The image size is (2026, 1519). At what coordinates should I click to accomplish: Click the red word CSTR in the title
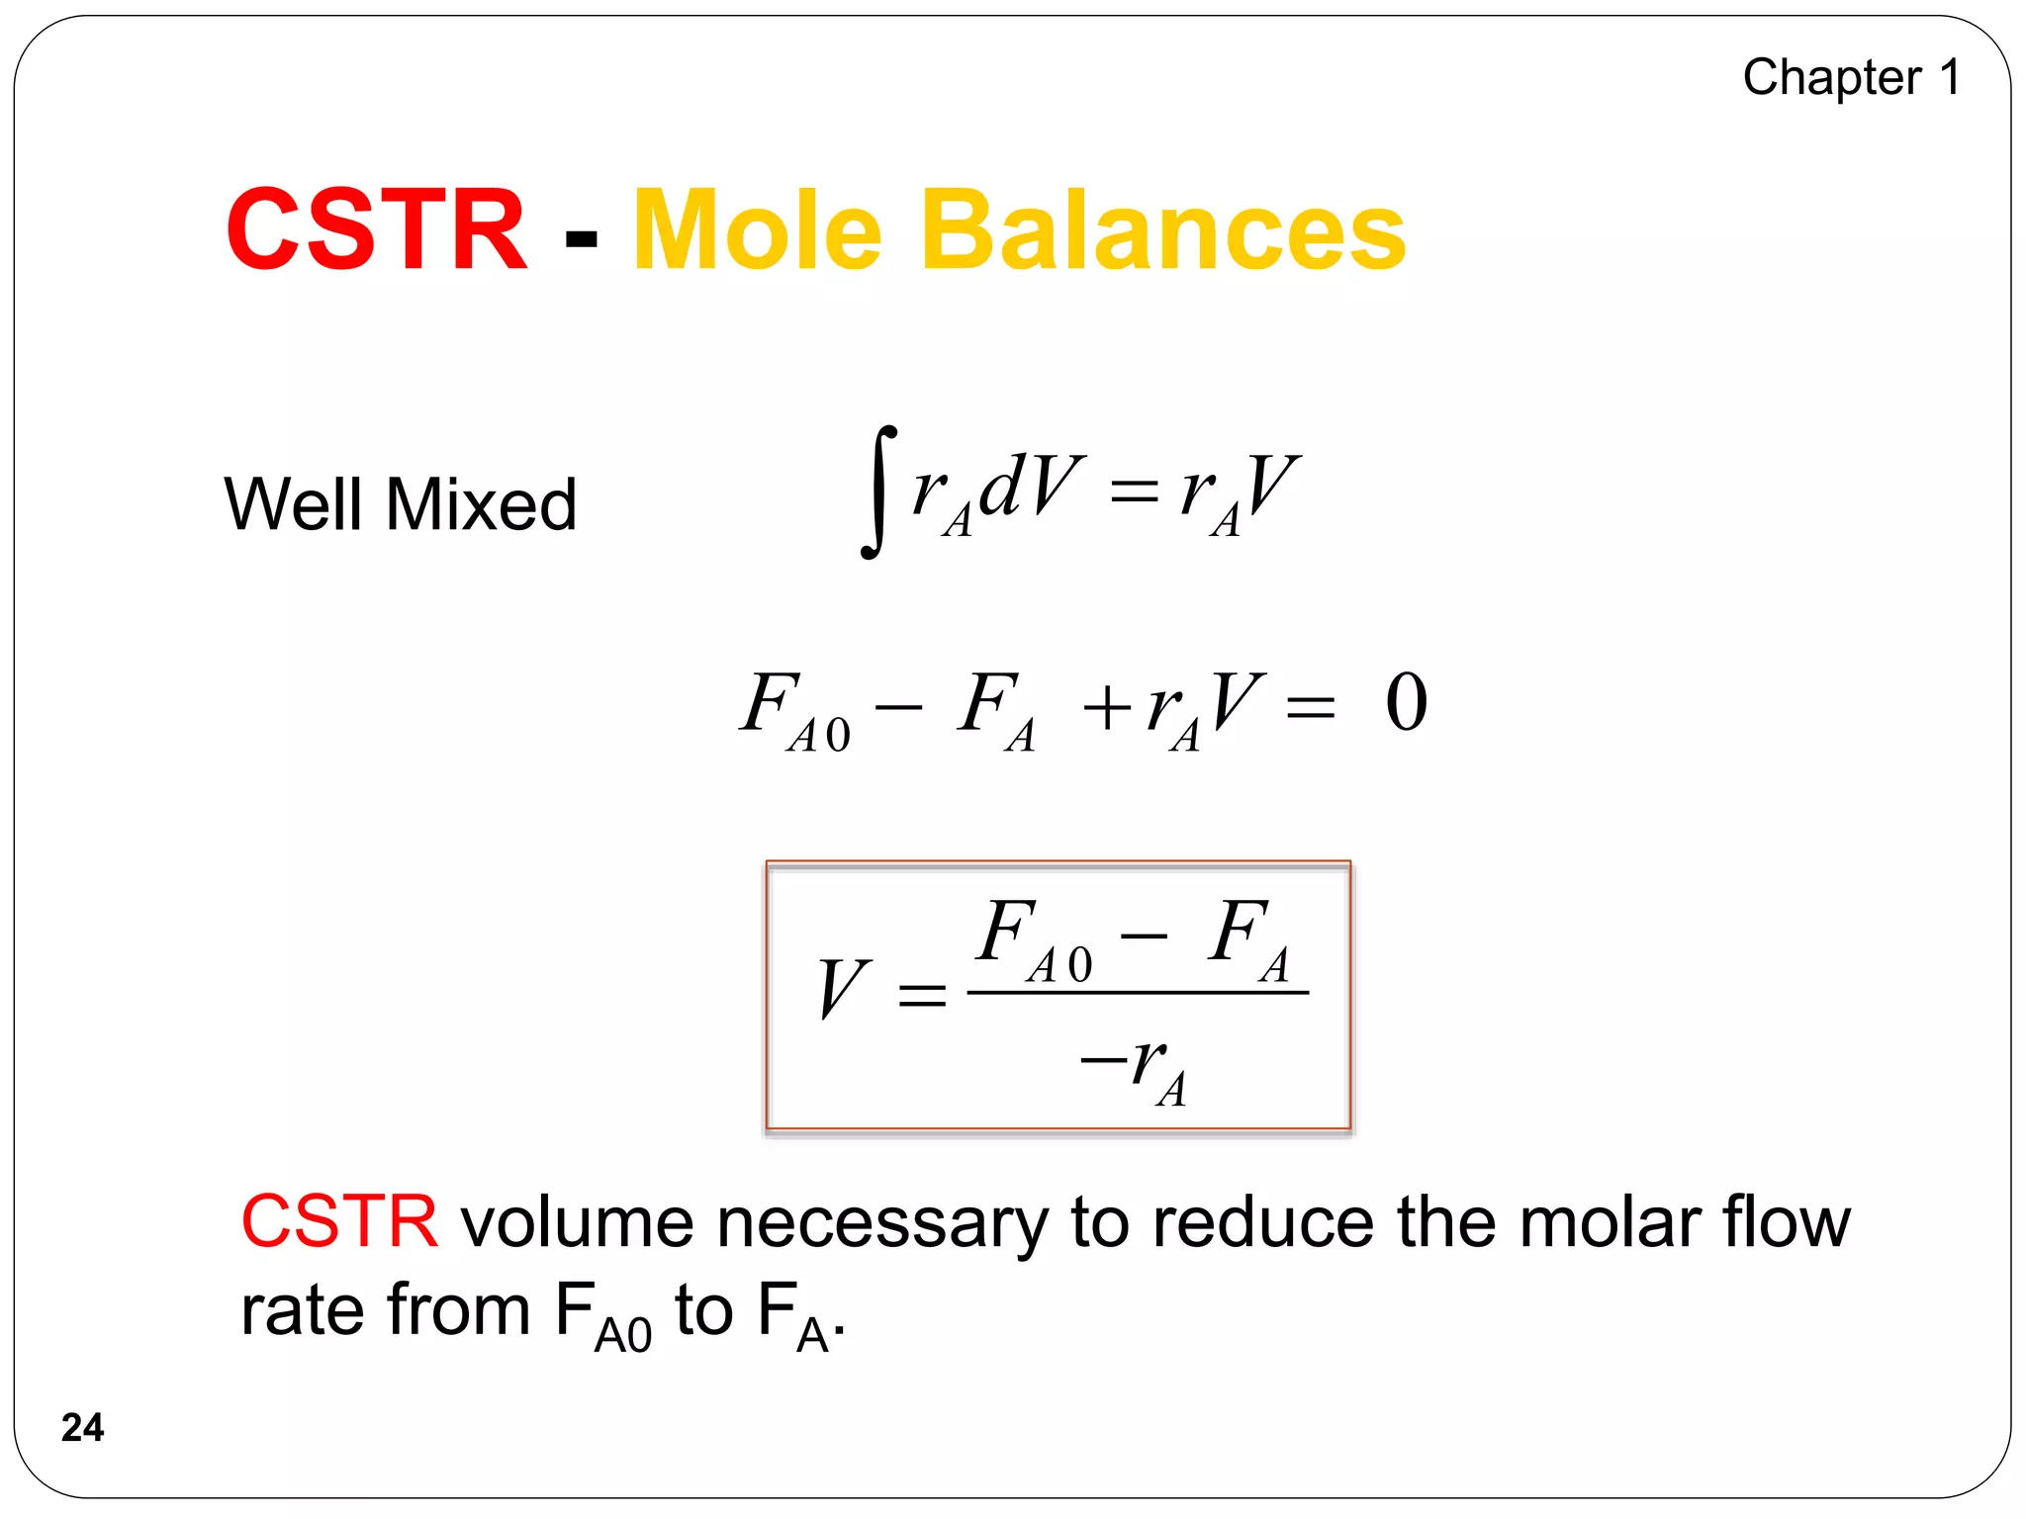coord(376,229)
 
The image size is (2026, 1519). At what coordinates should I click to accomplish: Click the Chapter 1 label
coord(1851,77)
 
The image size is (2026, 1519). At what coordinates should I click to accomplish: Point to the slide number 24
coord(82,1427)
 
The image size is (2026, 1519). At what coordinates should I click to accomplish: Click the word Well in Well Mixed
coord(293,504)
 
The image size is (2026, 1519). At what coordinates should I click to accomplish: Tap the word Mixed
coord(481,504)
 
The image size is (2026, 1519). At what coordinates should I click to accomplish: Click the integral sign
coord(877,491)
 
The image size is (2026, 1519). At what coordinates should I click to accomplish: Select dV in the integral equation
coord(1029,487)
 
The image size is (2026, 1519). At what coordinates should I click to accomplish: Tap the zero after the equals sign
coord(1406,702)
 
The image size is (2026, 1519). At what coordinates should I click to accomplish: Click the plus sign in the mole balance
coord(1106,708)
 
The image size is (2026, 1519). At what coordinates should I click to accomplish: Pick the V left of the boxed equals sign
coord(843,988)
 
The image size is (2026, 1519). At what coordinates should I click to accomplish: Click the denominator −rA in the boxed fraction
coord(1136,1068)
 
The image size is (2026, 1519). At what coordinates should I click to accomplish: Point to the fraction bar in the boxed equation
coord(1138,992)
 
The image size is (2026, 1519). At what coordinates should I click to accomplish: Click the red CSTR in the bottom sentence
coord(339,1222)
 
